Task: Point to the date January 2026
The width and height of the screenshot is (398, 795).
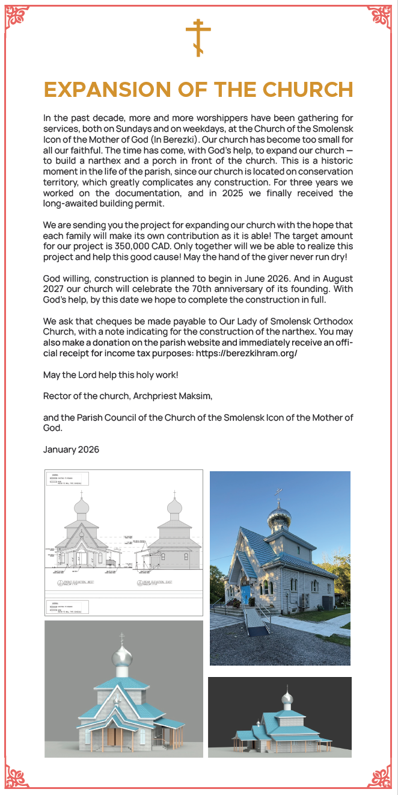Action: [71, 450]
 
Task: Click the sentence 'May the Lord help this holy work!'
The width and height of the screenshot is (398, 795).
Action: [111, 376]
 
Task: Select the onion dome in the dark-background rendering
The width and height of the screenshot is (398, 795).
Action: [288, 699]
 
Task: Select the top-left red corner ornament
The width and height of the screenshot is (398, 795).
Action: [17, 17]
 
